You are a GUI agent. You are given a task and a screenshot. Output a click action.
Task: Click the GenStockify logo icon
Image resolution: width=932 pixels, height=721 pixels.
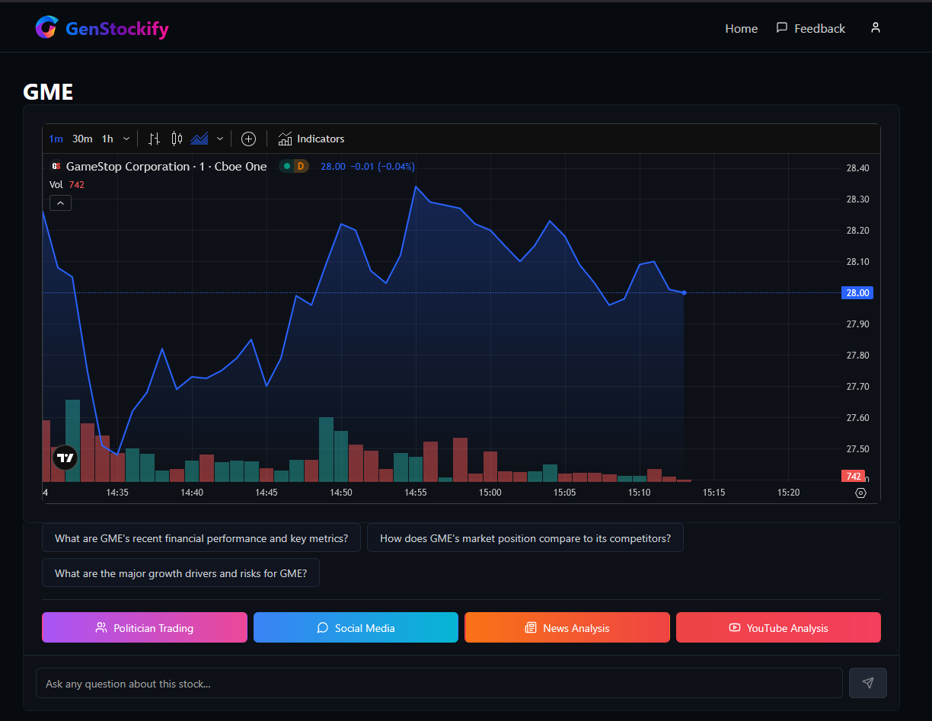[x=46, y=27]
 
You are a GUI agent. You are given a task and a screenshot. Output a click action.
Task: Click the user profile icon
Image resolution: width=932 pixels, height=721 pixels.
[x=876, y=27]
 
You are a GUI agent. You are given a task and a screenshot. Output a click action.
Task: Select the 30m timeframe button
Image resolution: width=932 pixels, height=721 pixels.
[x=82, y=139]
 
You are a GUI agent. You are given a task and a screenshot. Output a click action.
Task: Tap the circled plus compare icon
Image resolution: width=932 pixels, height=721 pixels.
[x=248, y=139]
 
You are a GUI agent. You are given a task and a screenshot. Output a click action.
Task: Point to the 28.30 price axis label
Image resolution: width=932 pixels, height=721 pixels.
[x=857, y=199]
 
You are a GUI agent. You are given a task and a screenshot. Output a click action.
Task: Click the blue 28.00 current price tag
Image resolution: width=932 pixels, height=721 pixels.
[x=857, y=293]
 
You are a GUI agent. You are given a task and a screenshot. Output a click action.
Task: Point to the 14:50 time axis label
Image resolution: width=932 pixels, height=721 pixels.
[x=341, y=493]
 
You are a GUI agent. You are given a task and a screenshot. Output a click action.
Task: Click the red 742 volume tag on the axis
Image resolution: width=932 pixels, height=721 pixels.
[x=853, y=477]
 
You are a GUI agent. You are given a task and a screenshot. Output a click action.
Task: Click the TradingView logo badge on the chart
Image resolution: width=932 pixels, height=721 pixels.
[x=65, y=458]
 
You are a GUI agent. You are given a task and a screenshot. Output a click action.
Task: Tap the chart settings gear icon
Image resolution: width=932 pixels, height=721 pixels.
[x=860, y=493]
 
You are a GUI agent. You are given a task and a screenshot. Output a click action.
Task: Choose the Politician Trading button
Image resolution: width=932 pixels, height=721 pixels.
[x=145, y=628]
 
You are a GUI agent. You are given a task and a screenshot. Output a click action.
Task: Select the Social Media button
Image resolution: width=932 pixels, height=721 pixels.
[x=356, y=628]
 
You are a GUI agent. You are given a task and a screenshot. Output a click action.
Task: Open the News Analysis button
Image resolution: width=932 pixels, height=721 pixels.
[x=567, y=628]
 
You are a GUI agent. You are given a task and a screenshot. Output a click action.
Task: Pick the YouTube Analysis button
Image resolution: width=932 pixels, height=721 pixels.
[x=778, y=628]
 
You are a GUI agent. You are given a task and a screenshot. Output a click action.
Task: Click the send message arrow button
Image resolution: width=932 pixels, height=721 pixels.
[x=868, y=683]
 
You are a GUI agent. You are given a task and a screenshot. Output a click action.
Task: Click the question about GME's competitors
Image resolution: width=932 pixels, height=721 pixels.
[x=525, y=538]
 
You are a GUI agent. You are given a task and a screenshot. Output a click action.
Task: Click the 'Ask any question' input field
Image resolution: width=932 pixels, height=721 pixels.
[x=439, y=684]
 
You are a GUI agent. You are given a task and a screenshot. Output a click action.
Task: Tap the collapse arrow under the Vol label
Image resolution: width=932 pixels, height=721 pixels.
[x=60, y=203]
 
